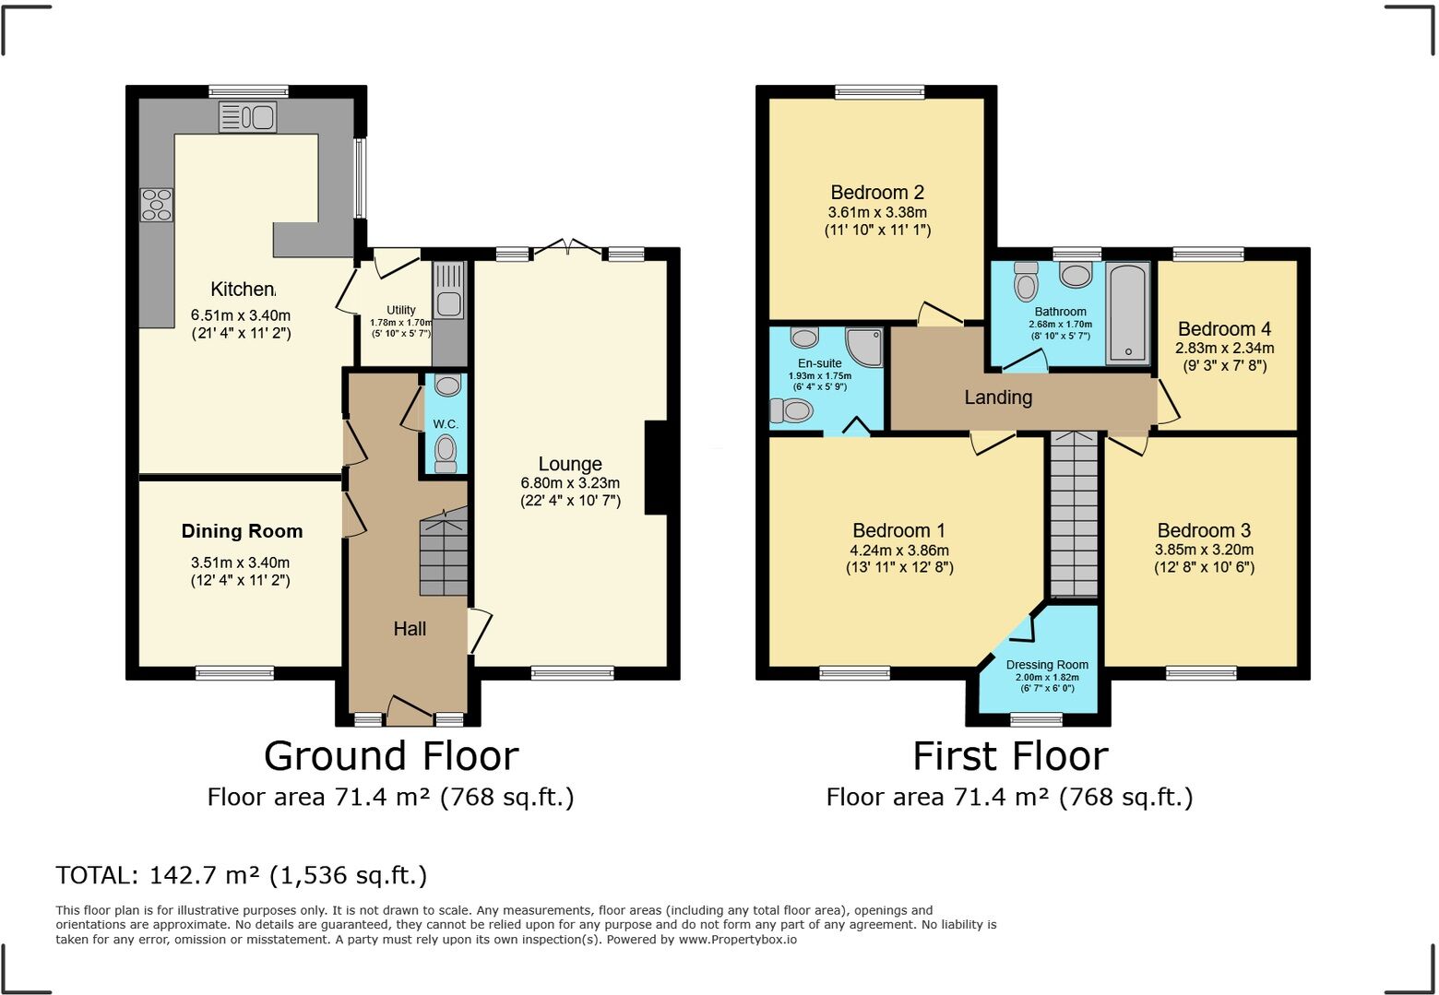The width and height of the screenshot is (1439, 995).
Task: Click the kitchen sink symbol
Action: coord(247,117)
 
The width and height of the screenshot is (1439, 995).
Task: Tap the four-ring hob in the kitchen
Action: coord(157,205)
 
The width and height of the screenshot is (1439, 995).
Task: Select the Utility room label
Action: coord(401,310)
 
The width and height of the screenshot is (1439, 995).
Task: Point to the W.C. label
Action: coord(446,424)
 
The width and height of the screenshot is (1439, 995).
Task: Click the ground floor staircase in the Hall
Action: coord(444,551)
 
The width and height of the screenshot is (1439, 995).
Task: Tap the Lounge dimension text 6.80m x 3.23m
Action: coord(570,482)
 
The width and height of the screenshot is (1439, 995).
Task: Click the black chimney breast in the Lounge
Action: coord(656,467)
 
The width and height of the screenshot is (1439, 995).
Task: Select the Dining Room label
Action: coord(243,530)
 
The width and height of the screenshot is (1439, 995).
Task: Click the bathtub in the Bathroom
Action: coord(1128,314)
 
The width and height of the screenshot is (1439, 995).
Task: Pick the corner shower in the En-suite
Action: coord(864,348)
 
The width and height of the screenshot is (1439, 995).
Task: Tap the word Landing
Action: coord(998,397)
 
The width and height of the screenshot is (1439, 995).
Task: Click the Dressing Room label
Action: coord(1047,665)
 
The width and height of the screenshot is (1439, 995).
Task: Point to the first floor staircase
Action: coord(1074,515)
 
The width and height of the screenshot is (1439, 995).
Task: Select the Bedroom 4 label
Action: coord(1224,329)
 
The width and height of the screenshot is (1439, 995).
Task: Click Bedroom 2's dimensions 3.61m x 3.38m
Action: coord(877,212)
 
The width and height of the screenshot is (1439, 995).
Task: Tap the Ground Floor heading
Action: coord(391,756)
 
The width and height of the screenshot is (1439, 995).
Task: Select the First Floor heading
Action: coord(1010,756)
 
